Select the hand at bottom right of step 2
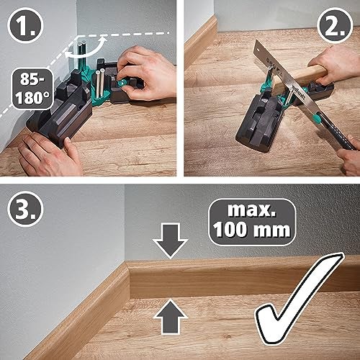tap(349, 155)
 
